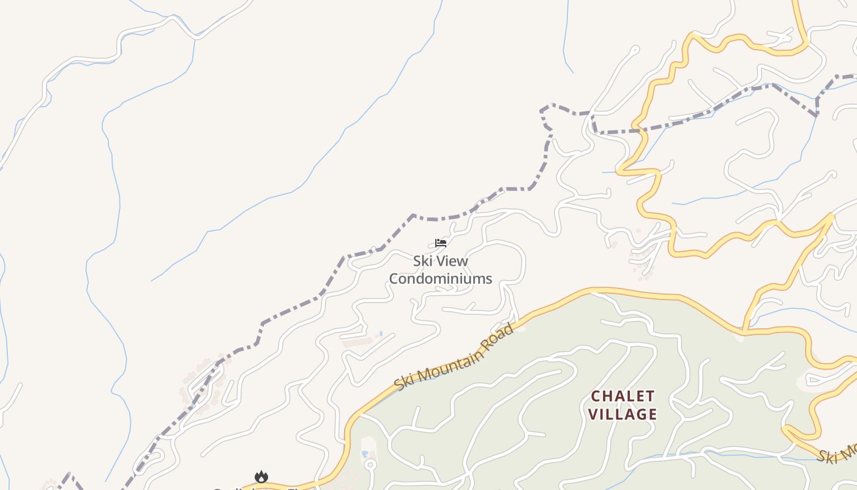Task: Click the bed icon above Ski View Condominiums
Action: pyautogui.click(x=440, y=243)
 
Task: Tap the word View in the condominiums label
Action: pyautogui.click(x=449, y=261)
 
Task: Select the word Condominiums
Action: pyautogui.click(x=440, y=279)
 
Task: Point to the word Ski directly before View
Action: pyautogui.click(x=421, y=261)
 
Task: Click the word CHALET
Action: pyautogui.click(x=622, y=396)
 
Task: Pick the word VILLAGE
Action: pyautogui.click(x=622, y=415)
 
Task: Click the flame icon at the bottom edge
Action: pyautogui.click(x=261, y=477)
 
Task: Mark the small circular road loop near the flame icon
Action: pyautogui.click(x=369, y=464)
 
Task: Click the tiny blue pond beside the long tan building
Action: pyautogui.click(x=381, y=334)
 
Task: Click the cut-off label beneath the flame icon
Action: pyautogui.click(x=257, y=488)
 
